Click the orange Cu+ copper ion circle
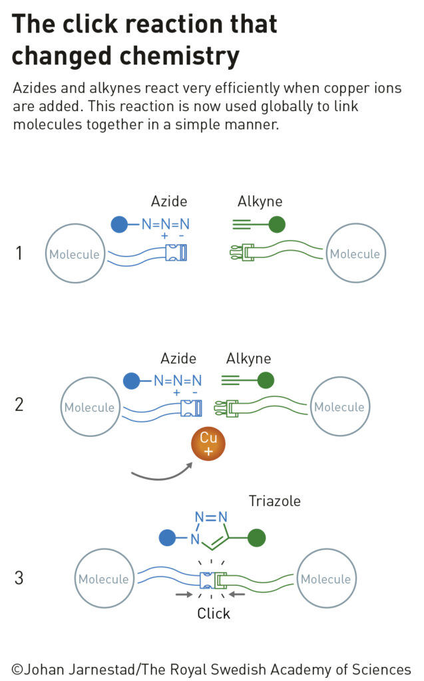coord(208,444)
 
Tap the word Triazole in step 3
coord(274,501)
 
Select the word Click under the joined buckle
coord(213,613)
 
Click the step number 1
coord(19,253)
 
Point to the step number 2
coord(19,404)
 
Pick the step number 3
coord(19,578)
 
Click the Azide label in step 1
coord(168,202)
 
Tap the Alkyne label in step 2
coord(248,358)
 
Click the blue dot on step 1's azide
coord(119,225)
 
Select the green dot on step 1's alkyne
coord(277,225)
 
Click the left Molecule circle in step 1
coord(75,253)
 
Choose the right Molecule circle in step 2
coord(340,406)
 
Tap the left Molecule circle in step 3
coord(105,579)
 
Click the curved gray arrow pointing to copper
coord(162,477)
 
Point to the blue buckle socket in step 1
coord(176,253)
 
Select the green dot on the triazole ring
coord(256,537)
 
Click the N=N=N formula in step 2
coord(178,381)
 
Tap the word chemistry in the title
coord(179,57)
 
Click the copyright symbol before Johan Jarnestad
coord(17,669)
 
